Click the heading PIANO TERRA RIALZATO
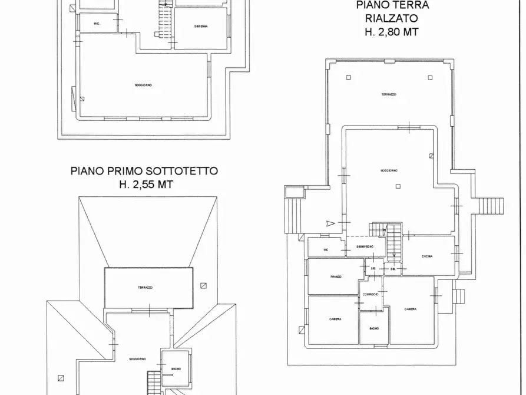392,11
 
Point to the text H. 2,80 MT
392,32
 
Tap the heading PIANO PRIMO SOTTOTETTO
144,171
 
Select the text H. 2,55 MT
144,185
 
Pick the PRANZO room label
336,277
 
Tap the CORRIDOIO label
370,294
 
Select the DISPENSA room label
200,26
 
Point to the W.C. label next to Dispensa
97,24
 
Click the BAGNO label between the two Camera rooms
374,328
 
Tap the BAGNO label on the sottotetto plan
176,369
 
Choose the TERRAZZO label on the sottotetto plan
145,287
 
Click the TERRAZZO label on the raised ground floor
388,94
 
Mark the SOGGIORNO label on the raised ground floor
389,170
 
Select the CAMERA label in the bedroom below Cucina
411,309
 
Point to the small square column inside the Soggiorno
398,186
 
